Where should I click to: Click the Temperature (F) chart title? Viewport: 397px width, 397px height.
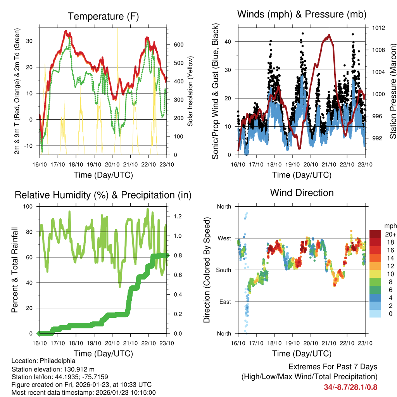(x=103, y=16)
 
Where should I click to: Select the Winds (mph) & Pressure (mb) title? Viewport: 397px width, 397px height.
(x=302, y=14)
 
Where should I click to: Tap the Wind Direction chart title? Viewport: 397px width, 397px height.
(x=302, y=193)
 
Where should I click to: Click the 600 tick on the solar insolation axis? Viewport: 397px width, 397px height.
(x=178, y=45)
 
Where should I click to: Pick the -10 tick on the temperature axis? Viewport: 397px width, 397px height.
(x=29, y=146)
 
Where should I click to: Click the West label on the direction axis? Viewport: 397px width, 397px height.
(x=224, y=238)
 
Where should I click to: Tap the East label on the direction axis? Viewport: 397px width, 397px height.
(x=224, y=302)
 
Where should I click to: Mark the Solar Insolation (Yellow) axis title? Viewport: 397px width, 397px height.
(x=190, y=91)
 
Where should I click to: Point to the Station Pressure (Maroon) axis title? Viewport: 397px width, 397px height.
(x=392, y=91)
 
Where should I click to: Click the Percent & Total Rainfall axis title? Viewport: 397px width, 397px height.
(x=14, y=270)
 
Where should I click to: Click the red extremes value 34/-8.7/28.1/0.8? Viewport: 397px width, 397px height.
(x=350, y=387)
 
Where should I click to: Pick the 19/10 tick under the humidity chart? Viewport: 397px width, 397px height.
(x=93, y=343)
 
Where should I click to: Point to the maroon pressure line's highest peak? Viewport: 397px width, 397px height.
(x=329, y=35)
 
